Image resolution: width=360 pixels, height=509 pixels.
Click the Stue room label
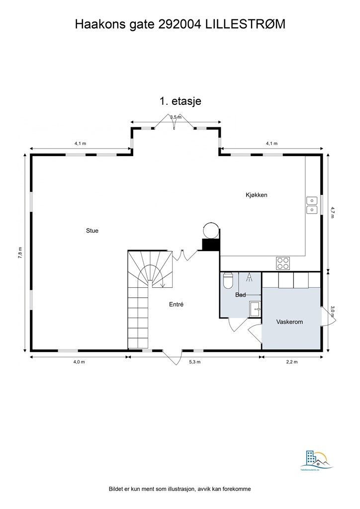click(x=92, y=231)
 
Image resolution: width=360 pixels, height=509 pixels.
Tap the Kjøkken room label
click(x=256, y=195)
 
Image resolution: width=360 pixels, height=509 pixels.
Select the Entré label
click(x=176, y=304)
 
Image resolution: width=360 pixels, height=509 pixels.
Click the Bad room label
click(x=241, y=295)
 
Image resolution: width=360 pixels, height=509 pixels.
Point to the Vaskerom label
click(x=289, y=322)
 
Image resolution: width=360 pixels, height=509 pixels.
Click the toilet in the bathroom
click(x=228, y=281)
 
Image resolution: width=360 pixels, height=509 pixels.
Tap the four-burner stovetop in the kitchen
click(x=283, y=262)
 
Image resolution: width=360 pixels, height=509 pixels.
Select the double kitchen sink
click(x=312, y=205)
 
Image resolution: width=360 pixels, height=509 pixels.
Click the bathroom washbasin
click(x=256, y=309)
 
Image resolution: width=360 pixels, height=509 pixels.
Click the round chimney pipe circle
click(x=210, y=230)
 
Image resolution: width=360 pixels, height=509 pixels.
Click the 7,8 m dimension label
click(x=20, y=253)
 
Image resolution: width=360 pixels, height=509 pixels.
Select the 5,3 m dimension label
click(x=195, y=362)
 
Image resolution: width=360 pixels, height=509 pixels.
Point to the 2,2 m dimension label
click(x=292, y=362)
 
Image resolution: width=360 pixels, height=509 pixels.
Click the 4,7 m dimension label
click(x=333, y=212)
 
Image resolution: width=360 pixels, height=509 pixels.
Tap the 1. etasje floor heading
click(x=180, y=101)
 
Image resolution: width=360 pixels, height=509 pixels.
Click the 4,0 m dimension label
click(x=79, y=362)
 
